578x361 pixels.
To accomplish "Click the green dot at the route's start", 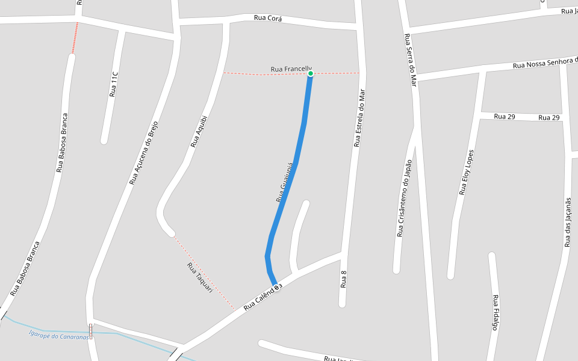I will pos(311,73).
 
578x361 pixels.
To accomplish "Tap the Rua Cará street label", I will pos(268,18).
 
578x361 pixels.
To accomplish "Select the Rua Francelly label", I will pos(291,69).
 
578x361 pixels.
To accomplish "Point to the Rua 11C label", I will pos(113,85).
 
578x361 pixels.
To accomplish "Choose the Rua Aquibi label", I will pos(199,132).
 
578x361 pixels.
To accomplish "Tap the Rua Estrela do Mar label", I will pos(359,118).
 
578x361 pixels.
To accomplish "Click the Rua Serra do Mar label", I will pos(411,60).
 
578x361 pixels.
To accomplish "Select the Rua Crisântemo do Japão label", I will pos(404,198).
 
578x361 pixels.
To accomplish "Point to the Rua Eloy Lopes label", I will pos(467,173).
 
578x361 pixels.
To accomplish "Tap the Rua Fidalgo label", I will pos(496,312).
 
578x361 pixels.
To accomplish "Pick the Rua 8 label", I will pos(344,279).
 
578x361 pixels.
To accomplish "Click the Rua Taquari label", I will pos(200,277).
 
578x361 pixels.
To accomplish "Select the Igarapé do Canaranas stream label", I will pos(59,335).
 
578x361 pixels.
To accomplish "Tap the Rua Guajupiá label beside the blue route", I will pos(284,182).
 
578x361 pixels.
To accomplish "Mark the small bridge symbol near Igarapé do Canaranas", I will pos(91,330).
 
